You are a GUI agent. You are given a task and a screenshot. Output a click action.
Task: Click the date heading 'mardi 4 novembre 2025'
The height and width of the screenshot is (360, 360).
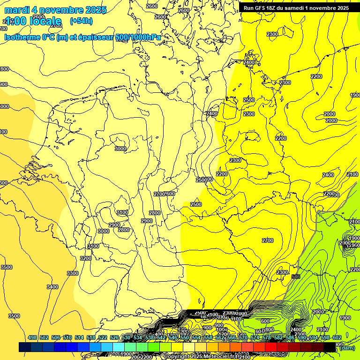pyautogui.click(x=55, y=10)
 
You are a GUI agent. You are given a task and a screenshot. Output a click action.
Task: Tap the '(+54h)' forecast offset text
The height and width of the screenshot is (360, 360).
pyautogui.click(x=81, y=21)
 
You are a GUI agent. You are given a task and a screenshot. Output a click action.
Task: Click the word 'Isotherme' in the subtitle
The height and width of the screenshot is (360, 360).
pyautogui.click(x=22, y=37)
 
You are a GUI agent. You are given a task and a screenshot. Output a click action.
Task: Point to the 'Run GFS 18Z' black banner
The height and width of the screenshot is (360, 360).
pyautogui.click(x=296, y=8)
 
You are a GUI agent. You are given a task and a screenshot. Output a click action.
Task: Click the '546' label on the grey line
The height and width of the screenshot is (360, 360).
pyautogui.click(x=295, y=277)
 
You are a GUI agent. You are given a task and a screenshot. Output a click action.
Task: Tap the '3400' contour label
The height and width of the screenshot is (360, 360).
pyautogui.click(x=52, y=287)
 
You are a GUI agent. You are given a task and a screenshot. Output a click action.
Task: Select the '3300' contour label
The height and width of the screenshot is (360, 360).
pyautogui.click(x=72, y=273)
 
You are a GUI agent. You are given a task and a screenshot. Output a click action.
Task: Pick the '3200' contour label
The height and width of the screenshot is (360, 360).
pyautogui.click(x=85, y=258)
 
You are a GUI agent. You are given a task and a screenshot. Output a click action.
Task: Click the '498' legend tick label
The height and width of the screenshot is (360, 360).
pyautogui.click(x=32, y=337)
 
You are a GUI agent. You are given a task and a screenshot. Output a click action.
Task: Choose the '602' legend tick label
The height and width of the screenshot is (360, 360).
pyautogui.click(x=337, y=337)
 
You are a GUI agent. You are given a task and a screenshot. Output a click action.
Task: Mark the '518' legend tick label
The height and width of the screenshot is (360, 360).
pyautogui.click(x=91, y=337)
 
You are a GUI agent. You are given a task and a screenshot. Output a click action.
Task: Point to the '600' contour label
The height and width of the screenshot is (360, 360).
pyautogui.click(x=265, y=321)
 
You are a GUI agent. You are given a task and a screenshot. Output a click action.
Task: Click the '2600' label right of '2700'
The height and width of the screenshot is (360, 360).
pyautogui.click(x=170, y=194)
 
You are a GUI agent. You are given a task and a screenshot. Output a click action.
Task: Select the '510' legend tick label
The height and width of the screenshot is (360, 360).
pyautogui.click(x=67, y=337)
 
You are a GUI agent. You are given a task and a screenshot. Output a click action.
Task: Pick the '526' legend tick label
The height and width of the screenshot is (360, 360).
pyautogui.click(x=114, y=337)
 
